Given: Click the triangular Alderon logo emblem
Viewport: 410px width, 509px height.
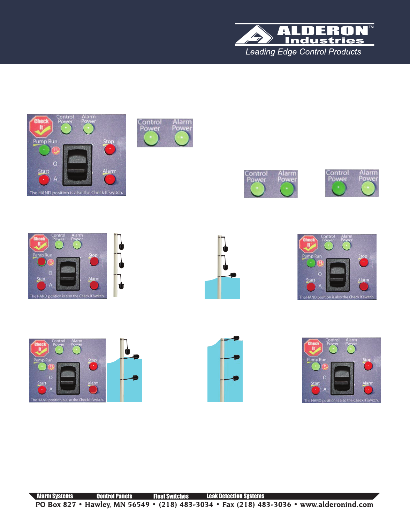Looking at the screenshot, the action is click(x=254, y=35).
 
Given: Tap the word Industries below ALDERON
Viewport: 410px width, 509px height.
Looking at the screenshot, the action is click(x=324, y=40).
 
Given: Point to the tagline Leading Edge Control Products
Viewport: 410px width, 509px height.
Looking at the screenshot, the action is click(x=303, y=52).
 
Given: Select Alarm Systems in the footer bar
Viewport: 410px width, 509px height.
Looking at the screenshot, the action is click(x=55, y=496).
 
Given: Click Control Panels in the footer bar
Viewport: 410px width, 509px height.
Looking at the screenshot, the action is click(x=114, y=496).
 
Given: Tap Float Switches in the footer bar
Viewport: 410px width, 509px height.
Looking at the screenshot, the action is click(x=171, y=496).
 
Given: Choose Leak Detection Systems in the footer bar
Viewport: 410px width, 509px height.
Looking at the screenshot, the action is click(x=235, y=496).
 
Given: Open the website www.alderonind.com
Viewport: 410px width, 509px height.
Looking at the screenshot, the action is click(x=336, y=504).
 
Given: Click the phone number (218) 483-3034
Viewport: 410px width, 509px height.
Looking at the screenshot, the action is click(x=186, y=504).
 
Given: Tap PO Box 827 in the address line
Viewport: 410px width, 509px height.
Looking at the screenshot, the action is click(x=55, y=504).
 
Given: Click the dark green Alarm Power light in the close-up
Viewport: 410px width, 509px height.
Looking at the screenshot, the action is click(x=287, y=189).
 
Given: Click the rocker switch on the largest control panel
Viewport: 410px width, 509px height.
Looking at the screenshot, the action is click(x=77, y=165).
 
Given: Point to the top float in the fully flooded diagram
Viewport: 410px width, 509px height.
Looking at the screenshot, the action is click(x=235, y=338).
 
